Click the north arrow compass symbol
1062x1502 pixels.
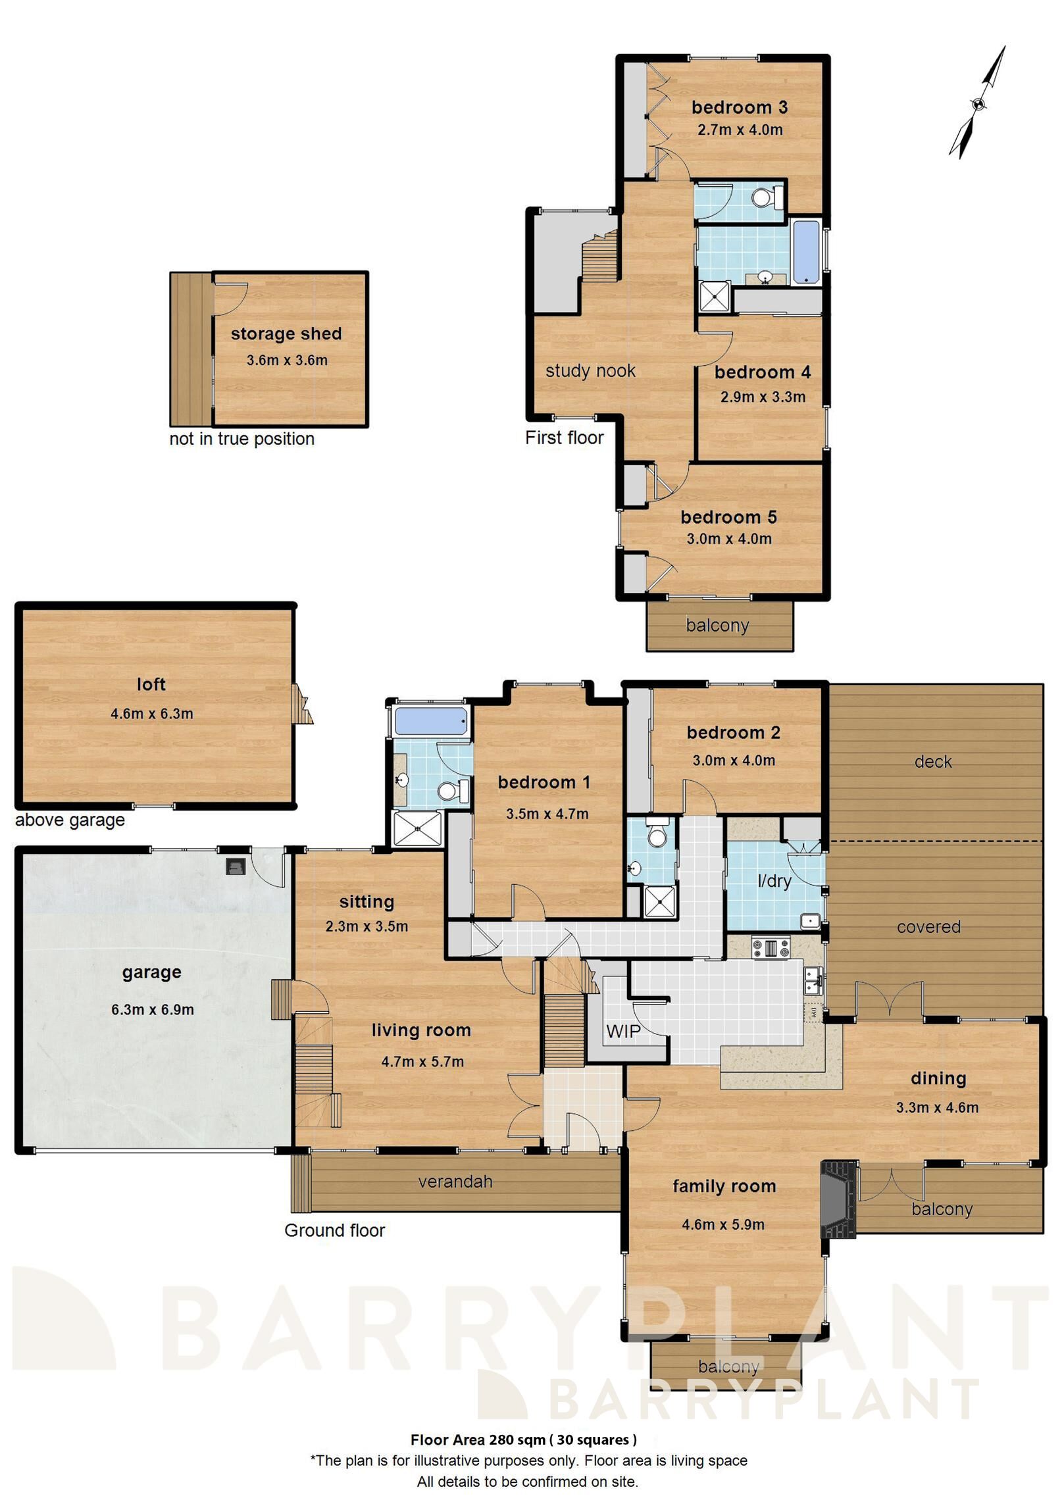pos(978,103)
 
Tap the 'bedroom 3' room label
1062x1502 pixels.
pos(740,107)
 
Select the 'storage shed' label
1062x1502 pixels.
pos(286,334)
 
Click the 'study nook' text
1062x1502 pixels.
pos(590,370)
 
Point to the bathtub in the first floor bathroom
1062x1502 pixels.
pos(806,252)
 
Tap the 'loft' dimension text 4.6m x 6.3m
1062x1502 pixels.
pos(152,713)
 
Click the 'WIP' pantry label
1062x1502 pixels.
pos(623,1031)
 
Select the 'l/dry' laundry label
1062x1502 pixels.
pos(774,880)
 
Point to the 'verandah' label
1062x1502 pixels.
pos(455,1182)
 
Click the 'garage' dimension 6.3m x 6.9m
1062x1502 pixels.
pos(153,1009)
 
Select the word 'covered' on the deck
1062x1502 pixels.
pos(928,927)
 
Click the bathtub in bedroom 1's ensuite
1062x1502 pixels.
pos(431,721)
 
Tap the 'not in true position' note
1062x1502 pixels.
pos(242,439)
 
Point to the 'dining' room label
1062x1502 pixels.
pos(938,1078)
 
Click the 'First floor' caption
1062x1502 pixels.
pos(565,438)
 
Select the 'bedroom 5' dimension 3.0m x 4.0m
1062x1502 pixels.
pos(729,539)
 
